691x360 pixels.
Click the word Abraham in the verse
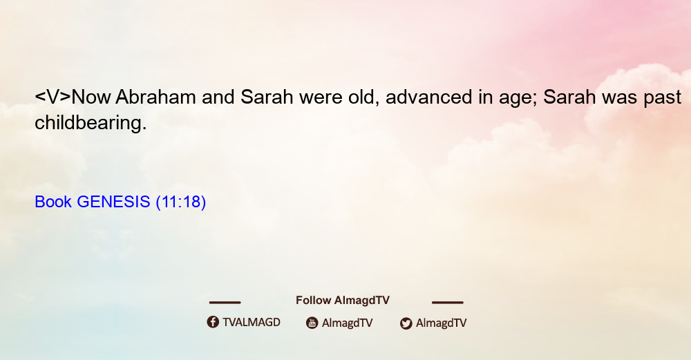[155, 97]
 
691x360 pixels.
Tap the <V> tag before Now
[53, 97]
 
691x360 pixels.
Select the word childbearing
[91, 123]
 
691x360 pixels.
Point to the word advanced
[428, 97]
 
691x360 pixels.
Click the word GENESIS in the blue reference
[113, 202]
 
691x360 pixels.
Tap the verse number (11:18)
[180, 202]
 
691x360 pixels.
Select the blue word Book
[53, 202]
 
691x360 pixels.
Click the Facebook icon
[213, 322]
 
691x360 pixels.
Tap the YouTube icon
[312, 323]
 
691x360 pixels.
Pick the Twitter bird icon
[406, 323]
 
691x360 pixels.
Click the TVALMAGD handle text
[252, 323]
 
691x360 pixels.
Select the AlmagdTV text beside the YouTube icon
[348, 323]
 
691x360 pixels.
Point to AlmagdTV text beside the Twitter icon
[441, 323]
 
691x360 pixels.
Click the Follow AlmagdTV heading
[343, 301]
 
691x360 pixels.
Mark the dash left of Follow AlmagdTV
[225, 302]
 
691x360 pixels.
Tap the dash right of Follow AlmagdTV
[448, 302]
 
